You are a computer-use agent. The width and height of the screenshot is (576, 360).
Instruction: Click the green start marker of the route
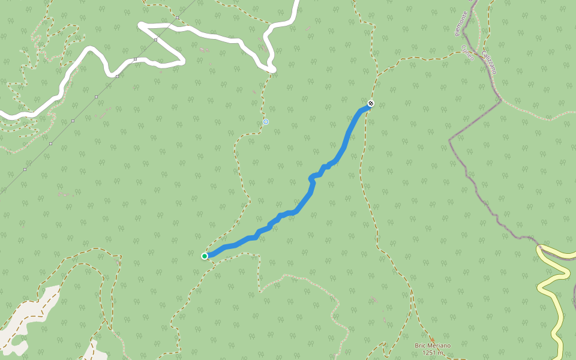(205, 256)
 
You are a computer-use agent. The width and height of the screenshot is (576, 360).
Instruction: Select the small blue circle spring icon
(266, 122)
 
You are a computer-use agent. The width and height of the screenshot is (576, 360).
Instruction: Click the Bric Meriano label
(432, 345)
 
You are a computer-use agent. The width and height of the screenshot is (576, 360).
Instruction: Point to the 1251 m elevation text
(432, 352)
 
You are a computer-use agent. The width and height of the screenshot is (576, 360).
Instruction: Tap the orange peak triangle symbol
(432, 339)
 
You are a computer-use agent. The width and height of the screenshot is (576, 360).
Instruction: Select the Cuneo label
(468, 52)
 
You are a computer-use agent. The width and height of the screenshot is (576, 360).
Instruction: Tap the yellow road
(552, 288)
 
